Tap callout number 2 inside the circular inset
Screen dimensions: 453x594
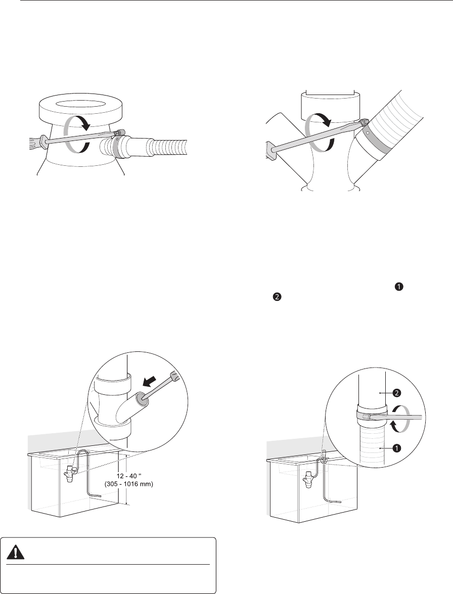click(x=396, y=393)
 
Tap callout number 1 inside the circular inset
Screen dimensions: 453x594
click(x=396, y=448)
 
